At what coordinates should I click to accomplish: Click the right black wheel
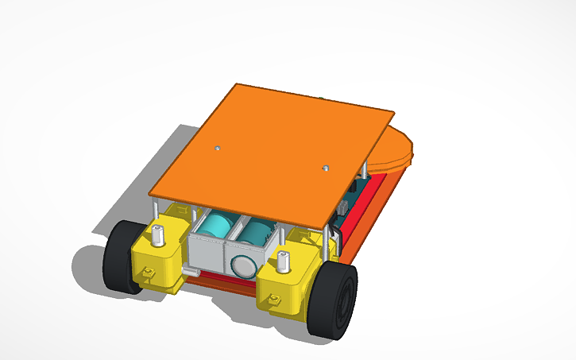coord(337,300)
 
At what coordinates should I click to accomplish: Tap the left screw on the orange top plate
coord(217,148)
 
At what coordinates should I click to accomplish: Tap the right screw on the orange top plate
coord(325,168)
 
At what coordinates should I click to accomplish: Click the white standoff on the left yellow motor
coord(159,234)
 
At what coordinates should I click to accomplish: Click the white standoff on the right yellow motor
coord(283,258)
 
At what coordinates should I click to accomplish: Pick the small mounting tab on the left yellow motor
coord(147,273)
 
